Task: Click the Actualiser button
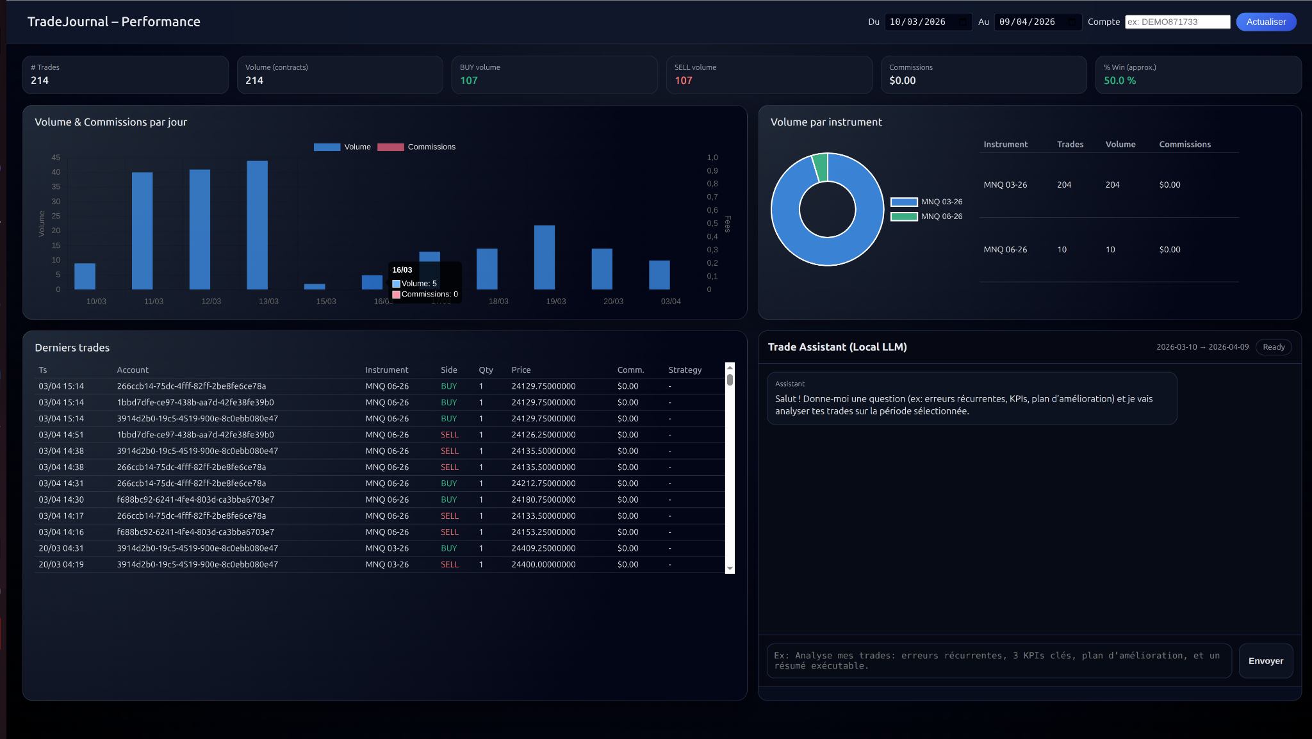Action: click(x=1266, y=22)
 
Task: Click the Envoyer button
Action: click(x=1265, y=661)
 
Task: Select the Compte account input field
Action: click(x=1177, y=22)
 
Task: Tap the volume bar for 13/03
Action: click(x=257, y=225)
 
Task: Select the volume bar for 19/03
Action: click(x=545, y=257)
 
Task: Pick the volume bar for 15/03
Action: click(x=315, y=286)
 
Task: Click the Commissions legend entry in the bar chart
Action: click(x=417, y=147)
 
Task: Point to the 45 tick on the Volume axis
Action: click(x=56, y=158)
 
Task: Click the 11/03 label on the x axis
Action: click(x=154, y=302)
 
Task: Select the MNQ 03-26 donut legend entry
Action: click(x=927, y=202)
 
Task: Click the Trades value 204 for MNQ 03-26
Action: click(x=1064, y=185)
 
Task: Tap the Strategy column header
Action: click(x=685, y=370)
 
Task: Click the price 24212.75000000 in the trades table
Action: click(x=543, y=483)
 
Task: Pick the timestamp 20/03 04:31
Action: click(x=61, y=548)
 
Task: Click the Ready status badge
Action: click(x=1274, y=347)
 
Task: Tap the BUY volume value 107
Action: click(x=469, y=81)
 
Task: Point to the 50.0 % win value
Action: click(x=1120, y=81)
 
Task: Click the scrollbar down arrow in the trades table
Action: click(x=730, y=569)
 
